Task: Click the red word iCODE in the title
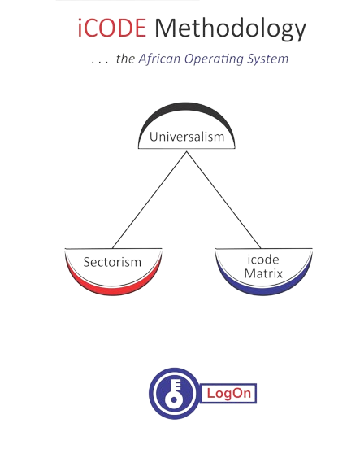click(x=112, y=28)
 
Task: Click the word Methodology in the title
click(x=230, y=29)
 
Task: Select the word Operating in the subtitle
click(x=215, y=59)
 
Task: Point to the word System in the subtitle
click(x=268, y=59)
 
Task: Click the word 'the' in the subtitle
click(x=125, y=59)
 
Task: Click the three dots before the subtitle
click(x=99, y=62)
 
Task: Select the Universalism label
click(x=187, y=137)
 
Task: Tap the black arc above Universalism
click(x=187, y=107)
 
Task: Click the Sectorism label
click(x=112, y=262)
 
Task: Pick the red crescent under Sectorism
click(x=113, y=290)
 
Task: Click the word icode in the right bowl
click(x=263, y=260)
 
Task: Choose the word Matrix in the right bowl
click(x=263, y=273)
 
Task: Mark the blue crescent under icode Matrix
click(x=264, y=290)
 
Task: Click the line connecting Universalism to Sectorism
click(x=150, y=200)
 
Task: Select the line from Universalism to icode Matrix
click(x=223, y=200)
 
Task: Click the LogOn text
click(x=229, y=393)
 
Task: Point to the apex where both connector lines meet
click(x=187, y=151)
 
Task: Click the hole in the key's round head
click(x=174, y=399)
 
